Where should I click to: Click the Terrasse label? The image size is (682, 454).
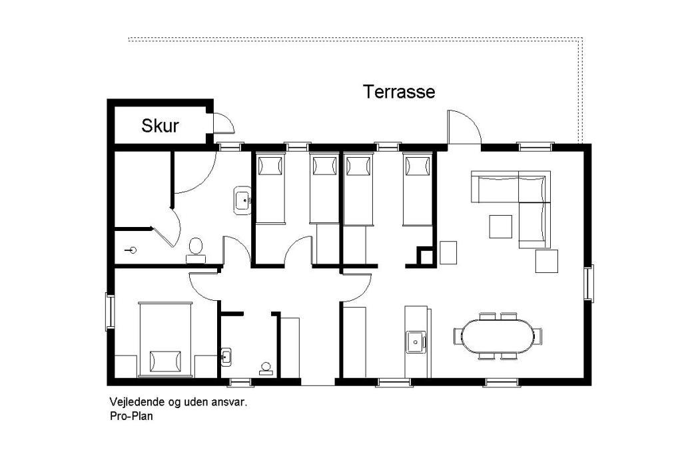coord(399,92)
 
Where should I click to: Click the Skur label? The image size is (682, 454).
coord(160,126)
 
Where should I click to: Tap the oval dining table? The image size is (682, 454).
coord(498,336)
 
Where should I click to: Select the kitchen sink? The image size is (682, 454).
coord(416,341)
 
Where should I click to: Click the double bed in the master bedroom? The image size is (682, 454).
coord(165,340)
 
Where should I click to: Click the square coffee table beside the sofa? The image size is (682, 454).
coord(501,226)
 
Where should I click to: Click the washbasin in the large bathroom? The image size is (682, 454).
coord(242,200)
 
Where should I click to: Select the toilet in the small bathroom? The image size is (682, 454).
coord(266,369)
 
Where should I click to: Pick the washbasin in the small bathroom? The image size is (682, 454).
coord(226,357)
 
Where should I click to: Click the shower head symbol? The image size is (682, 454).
coord(131,250)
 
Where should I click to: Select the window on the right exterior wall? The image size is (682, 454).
coord(589,283)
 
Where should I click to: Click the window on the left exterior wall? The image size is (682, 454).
coord(110,312)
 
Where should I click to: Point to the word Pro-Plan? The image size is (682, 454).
coord(131,416)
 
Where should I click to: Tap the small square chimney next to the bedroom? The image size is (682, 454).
coord(426,256)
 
